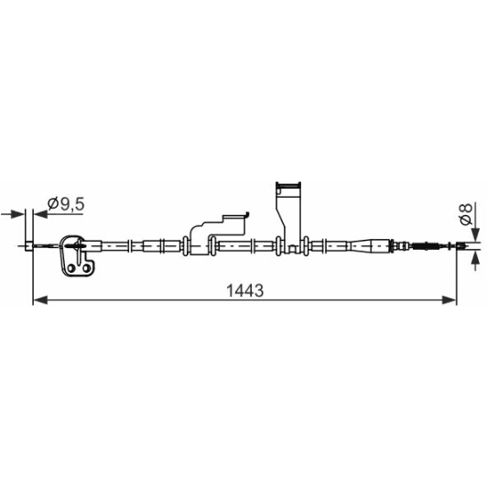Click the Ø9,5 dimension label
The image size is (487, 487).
pos(66,204)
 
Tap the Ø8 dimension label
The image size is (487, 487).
pos(466,214)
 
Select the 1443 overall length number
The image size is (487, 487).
pos(245,291)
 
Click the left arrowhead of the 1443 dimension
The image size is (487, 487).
pos(40,300)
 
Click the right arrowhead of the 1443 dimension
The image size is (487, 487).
pos(449,300)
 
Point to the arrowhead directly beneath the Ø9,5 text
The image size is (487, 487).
pos(40,214)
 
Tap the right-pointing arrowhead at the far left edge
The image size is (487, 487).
pos(16,214)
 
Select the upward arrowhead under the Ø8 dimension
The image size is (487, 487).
pos(475,258)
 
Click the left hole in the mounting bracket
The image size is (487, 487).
pos(71,268)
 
